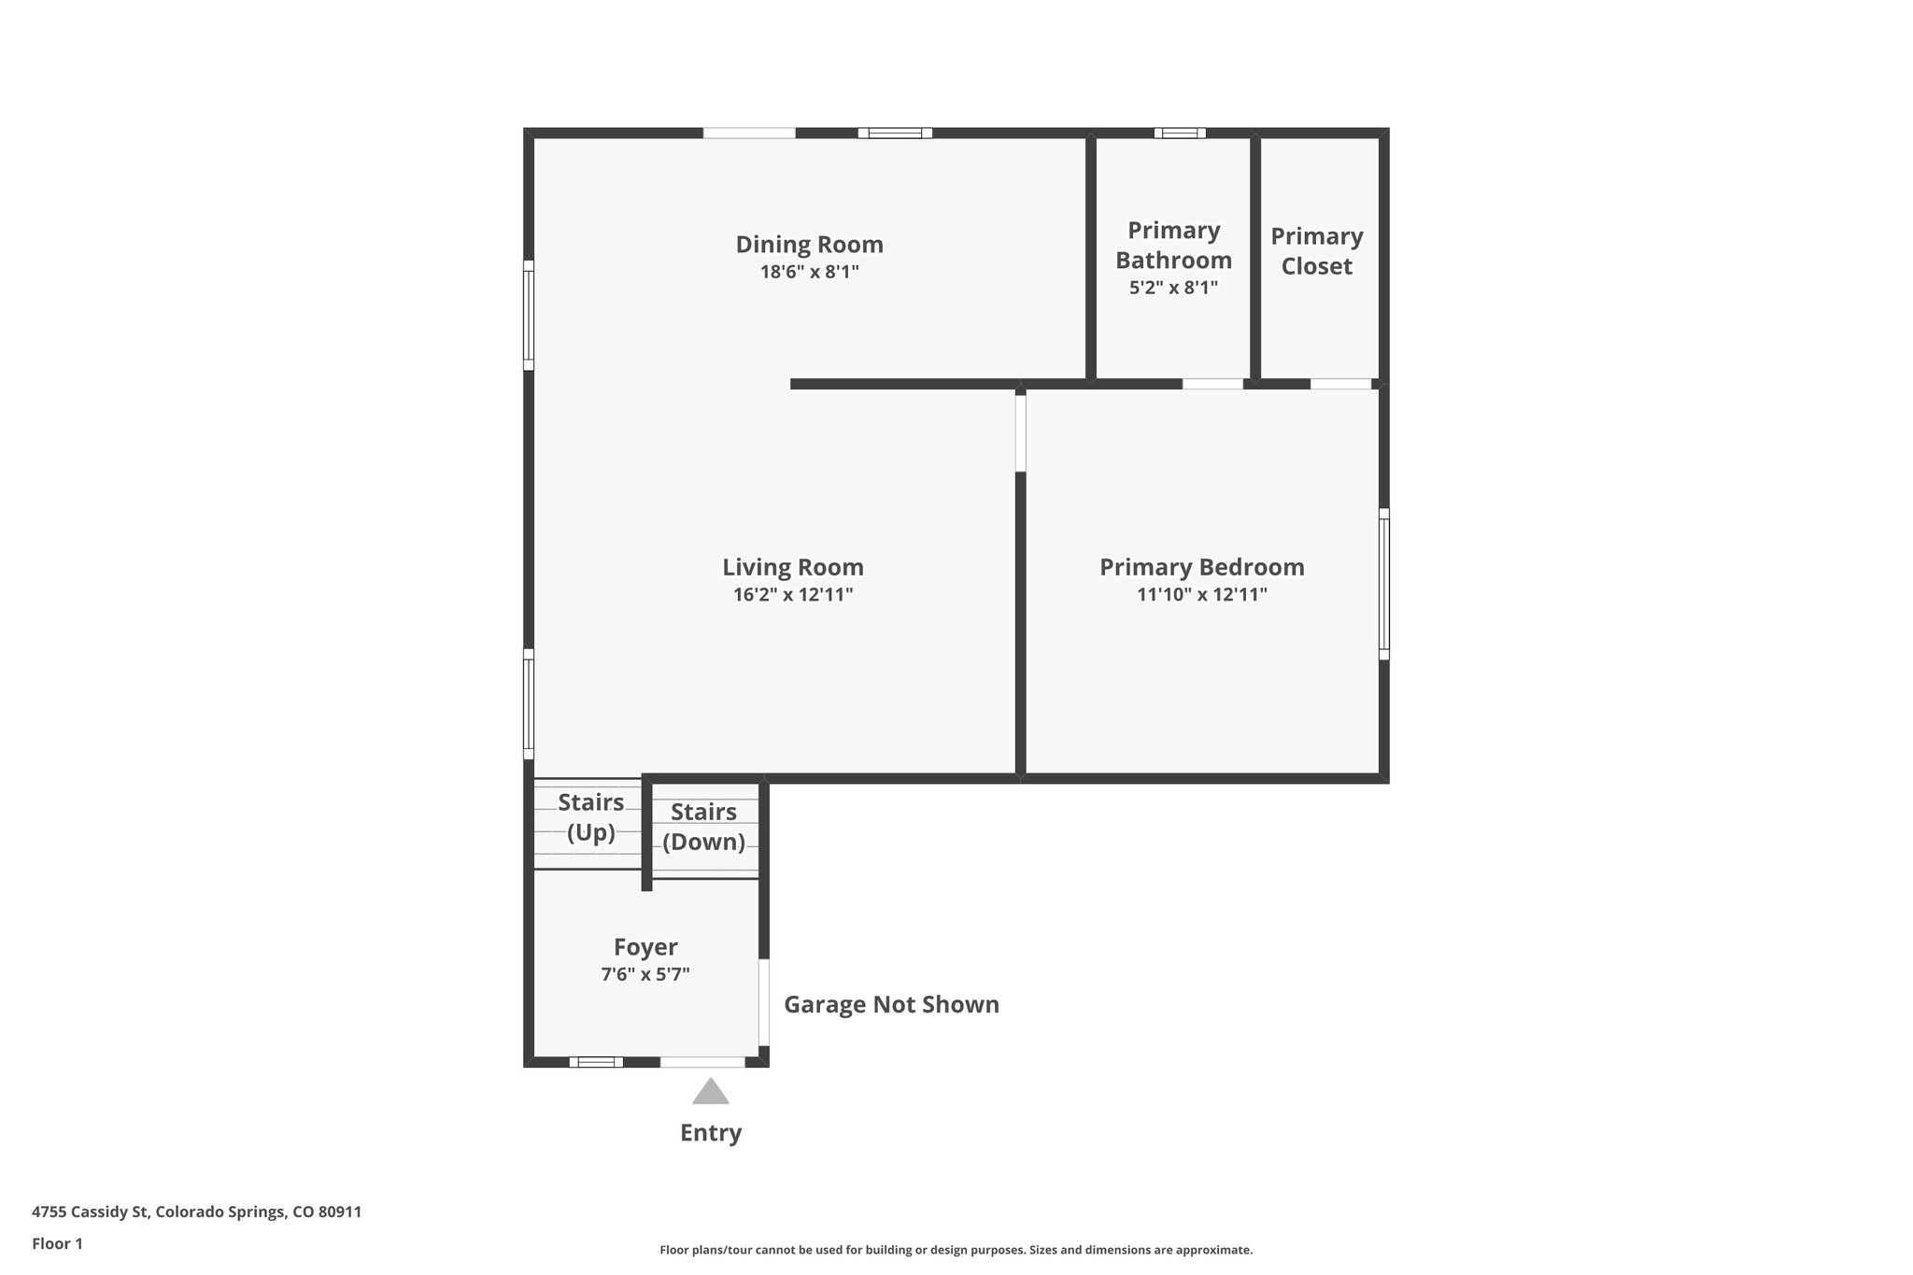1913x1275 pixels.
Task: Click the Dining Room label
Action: pyautogui.click(x=809, y=245)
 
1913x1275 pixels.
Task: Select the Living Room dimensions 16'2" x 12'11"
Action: pyautogui.click(x=793, y=595)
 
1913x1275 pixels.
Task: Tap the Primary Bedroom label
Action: pyautogui.click(x=1201, y=567)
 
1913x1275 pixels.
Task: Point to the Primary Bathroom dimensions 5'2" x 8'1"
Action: pyautogui.click(x=1173, y=288)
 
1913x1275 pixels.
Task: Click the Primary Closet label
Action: pyautogui.click(x=1316, y=251)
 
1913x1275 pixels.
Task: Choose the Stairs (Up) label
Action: pyautogui.click(x=590, y=817)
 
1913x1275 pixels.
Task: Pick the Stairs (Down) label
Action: pyautogui.click(x=703, y=827)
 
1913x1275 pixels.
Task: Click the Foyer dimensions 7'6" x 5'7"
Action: pyautogui.click(x=645, y=975)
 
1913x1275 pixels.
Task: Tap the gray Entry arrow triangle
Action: pyautogui.click(x=710, y=1092)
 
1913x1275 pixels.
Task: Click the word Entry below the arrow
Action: pyautogui.click(x=710, y=1133)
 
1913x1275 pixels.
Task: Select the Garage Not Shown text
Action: pyautogui.click(x=891, y=1005)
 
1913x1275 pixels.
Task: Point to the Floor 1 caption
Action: pyautogui.click(x=57, y=1244)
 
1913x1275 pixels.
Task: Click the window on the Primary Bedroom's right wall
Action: pyautogui.click(x=1383, y=584)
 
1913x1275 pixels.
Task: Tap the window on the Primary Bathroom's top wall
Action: pyautogui.click(x=1179, y=133)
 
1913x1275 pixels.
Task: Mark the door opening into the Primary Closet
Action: pyautogui.click(x=1340, y=384)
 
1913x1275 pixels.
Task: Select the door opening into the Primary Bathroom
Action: pyautogui.click(x=1212, y=384)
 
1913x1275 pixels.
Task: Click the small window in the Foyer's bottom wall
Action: pyautogui.click(x=596, y=1062)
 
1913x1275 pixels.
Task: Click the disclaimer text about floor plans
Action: pyautogui.click(x=956, y=1250)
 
